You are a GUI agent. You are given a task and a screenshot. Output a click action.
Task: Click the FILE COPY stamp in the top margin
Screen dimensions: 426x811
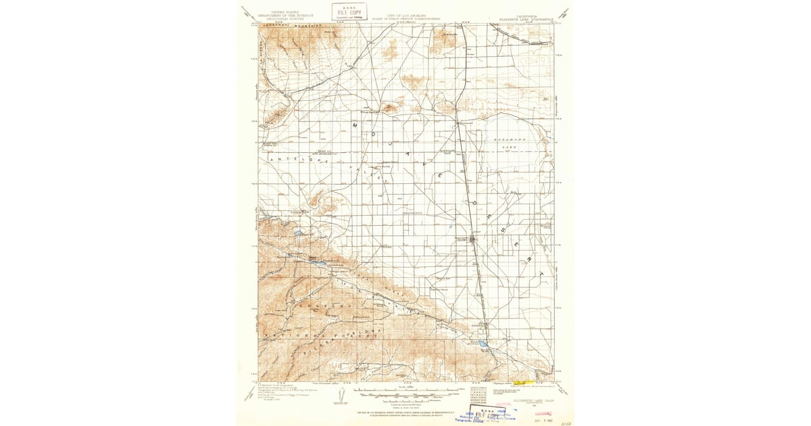[349, 11]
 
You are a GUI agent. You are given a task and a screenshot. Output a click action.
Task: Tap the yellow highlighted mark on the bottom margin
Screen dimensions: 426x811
[524, 383]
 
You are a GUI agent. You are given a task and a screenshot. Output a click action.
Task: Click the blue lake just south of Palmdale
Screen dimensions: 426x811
[483, 344]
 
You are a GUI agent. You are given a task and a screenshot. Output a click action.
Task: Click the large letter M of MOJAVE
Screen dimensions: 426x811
[355, 126]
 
